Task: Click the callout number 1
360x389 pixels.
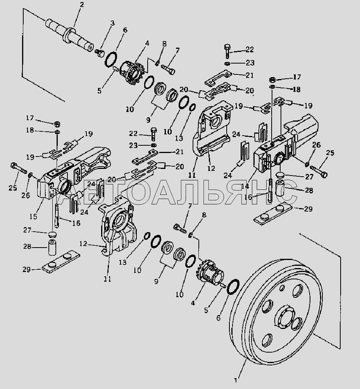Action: coord(236,380)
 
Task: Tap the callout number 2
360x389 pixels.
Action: coord(82,4)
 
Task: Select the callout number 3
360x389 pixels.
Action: coord(113,23)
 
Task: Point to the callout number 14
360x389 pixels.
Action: coord(245,186)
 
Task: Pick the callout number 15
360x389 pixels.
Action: coord(33,216)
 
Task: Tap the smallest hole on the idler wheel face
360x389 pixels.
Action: coord(282,288)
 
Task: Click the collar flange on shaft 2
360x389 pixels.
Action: coord(69,34)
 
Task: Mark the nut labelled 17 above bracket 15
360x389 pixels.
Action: coord(57,124)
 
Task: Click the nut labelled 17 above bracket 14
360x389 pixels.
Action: coord(272,80)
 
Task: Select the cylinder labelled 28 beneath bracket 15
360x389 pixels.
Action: coord(52,248)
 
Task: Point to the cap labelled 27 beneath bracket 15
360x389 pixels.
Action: coord(52,234)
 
